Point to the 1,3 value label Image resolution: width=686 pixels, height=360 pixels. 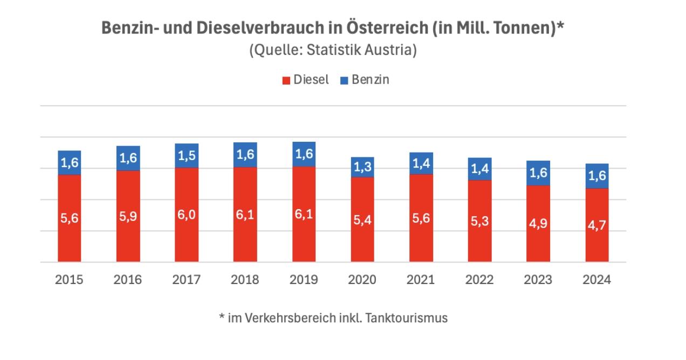pyautogui.click(x=362, y=168)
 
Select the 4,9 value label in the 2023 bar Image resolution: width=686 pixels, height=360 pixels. pyautogui.click(x=538, y=224)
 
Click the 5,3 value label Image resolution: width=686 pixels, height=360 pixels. pyautogui.click(x=479, y=221)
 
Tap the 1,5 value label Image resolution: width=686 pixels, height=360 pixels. pyautogui.click(x=187, y=156)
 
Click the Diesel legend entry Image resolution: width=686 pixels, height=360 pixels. pyautogui.click(x=305, y=80)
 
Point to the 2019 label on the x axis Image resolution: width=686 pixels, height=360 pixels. pyautogui.click(x=304, y=280)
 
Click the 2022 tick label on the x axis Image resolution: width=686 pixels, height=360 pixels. pyautogui.click(x=479, y=280)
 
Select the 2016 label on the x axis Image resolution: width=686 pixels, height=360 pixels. pyautogui.click(x=128, y=280)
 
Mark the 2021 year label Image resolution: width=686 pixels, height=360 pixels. pyautogui.click(x=421, y=280)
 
